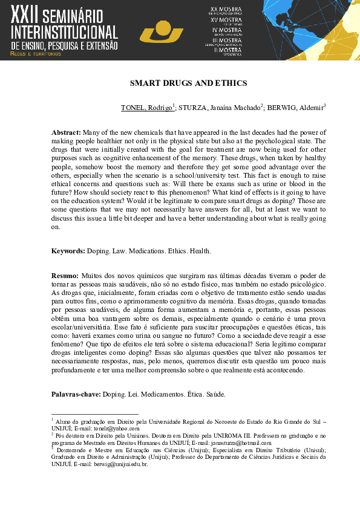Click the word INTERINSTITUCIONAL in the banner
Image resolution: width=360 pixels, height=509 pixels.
[x=65, y=33]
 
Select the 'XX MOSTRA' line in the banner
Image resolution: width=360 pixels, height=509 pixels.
[x=226, y=10]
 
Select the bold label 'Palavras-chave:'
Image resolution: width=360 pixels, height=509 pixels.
[x=76, y=394]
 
